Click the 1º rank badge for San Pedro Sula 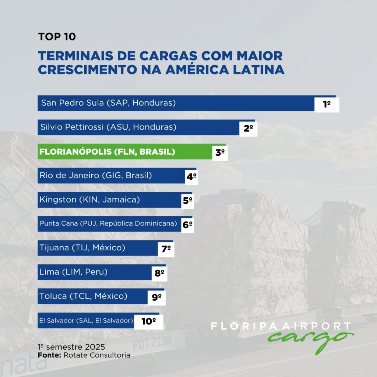[x=327, y=104]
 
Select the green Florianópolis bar [x=125, y=152]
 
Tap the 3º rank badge [x=220, y=152]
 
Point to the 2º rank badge [x=248, y=128]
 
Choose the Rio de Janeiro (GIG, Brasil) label [x=96, y=176]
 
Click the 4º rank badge [x=191, y=176]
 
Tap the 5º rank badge [x=188, y=201]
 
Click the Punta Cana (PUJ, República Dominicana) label [x=109, y=224]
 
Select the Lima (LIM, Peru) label [x=73, y=272]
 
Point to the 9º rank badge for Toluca [x=157, y=297]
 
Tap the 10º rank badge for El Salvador [x=148, y=321]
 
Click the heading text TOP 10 [x=57, y=37]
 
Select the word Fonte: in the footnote [x=50, y=355]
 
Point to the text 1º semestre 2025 [x=71, y=347]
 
